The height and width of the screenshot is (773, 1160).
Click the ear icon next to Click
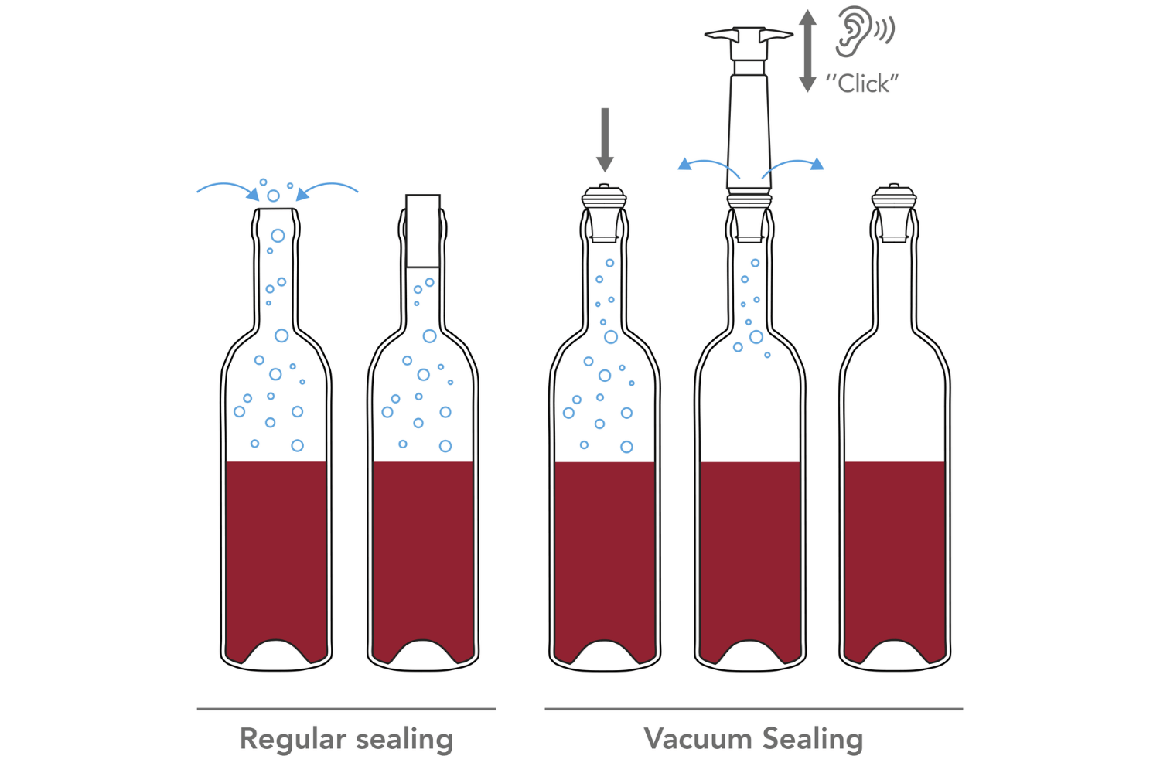pos(852,31)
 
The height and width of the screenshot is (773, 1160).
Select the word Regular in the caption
pos(292,739)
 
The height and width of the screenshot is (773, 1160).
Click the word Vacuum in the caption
pos(698,738)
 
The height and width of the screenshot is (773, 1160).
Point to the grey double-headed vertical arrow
pos(807,51)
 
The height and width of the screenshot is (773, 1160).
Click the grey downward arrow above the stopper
pos(605,140)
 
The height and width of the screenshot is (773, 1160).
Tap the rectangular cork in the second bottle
pos(423,231)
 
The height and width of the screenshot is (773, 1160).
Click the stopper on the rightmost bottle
pos(894,213)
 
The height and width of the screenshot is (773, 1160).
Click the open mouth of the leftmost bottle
pos(276,209)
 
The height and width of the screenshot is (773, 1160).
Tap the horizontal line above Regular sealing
pos(346,709)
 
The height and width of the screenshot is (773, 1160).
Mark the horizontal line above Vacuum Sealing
pos(754,709)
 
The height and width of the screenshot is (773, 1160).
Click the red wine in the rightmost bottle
pos(895,554)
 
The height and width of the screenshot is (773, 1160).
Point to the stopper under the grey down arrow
pos(604,213)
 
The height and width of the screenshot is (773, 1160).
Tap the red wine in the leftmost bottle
pos(276,554)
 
